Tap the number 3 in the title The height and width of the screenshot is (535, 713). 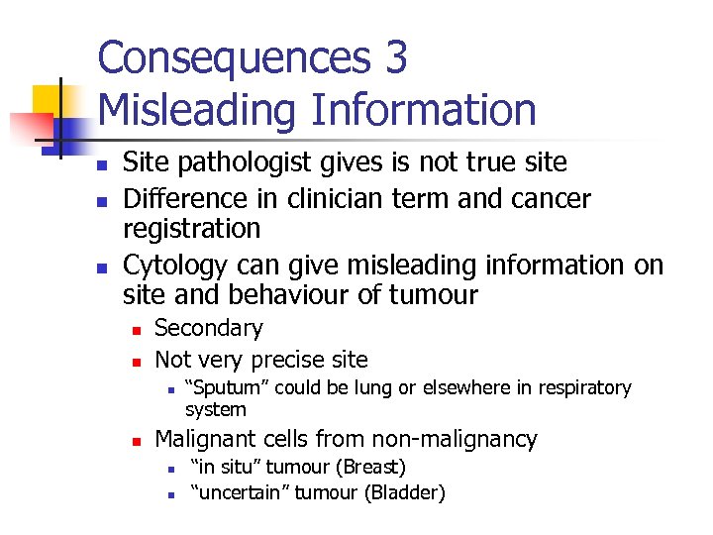[x=395, y=59]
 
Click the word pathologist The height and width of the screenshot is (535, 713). [x=244, y=162]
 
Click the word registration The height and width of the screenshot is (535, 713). [x=191, y=229]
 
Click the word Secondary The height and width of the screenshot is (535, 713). [x=209, y=328]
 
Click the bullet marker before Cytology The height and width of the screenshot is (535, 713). [x=103, y=267]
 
